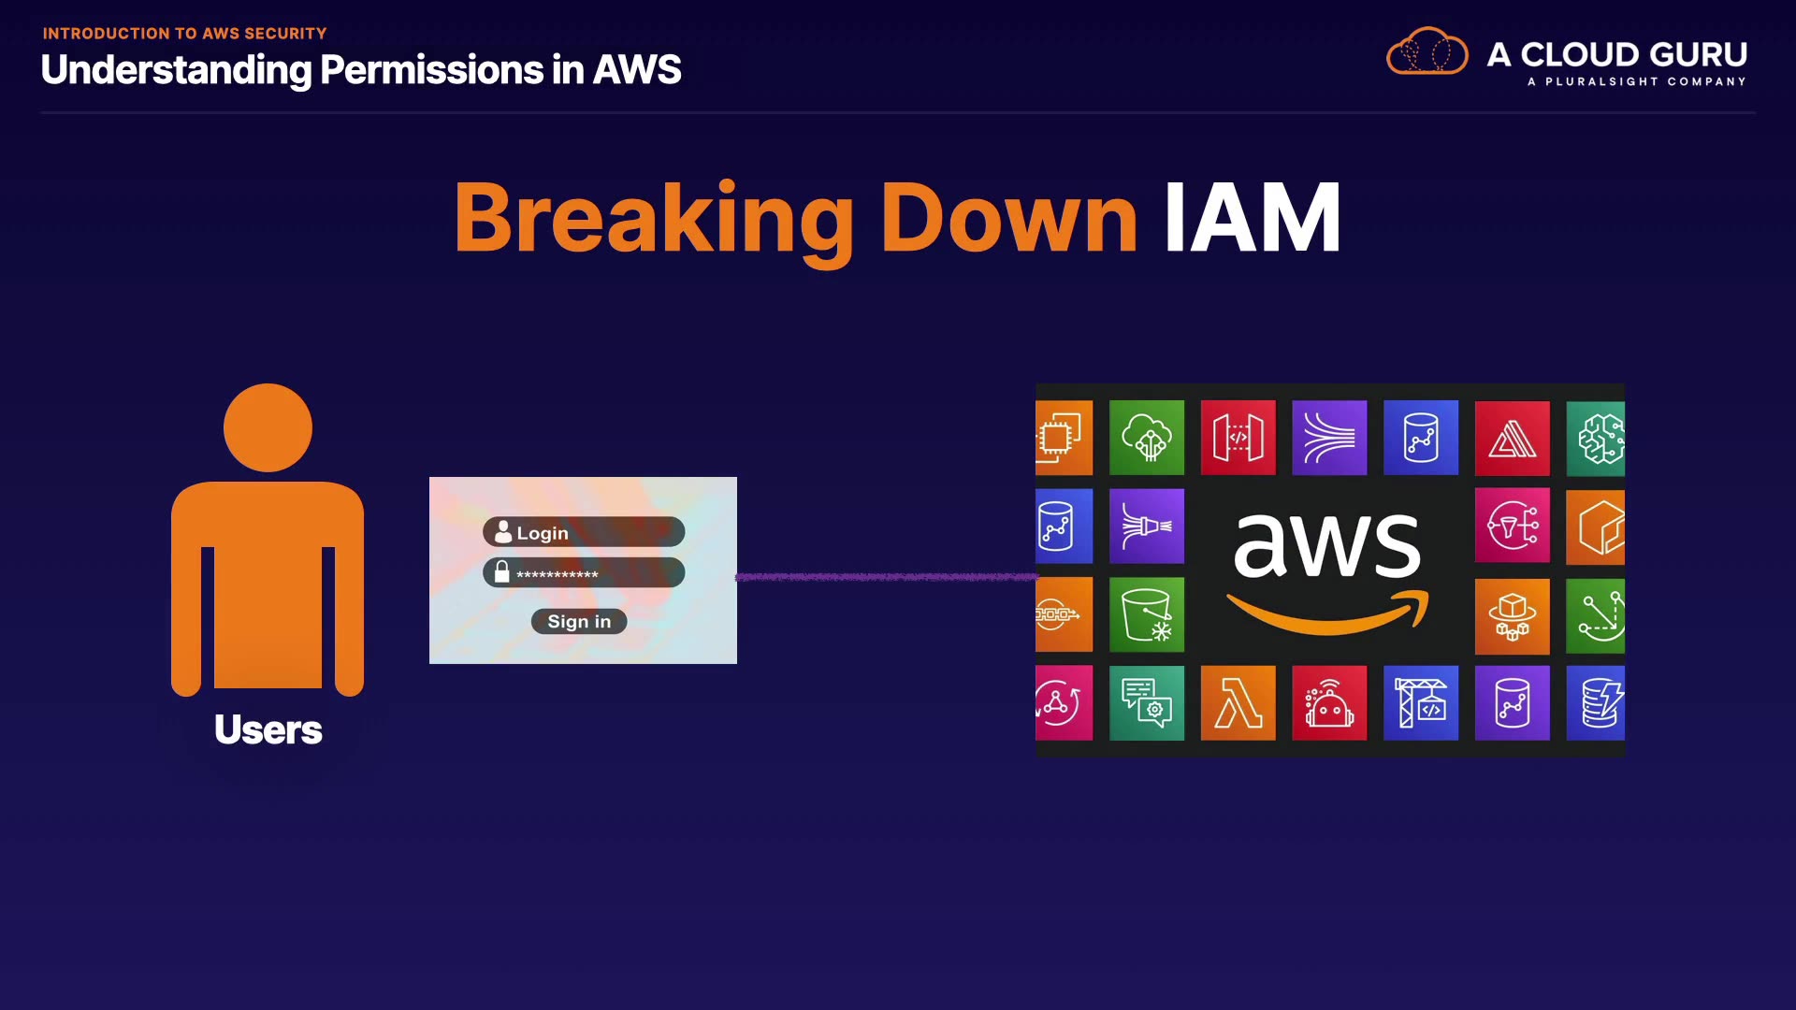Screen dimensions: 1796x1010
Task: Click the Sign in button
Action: [x=579, y=621]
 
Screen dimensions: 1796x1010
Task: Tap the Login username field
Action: [x=584, y=532]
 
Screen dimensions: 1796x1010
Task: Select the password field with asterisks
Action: [x=584, y=573]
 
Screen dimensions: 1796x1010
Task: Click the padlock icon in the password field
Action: [x=502, y=572]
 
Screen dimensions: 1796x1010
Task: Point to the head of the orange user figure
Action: [x=268, y=427]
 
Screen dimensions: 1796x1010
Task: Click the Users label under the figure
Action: [x=268, y=729]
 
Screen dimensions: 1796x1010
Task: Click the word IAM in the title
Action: [x=1252, y=218]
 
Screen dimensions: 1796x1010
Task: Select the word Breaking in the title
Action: [x=653, y=218]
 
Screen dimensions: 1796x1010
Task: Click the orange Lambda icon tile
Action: [x=1238, y=703]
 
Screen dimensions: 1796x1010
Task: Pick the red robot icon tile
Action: [x=1329, y=703]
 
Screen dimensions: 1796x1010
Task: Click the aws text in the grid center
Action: [x=1326, y=544]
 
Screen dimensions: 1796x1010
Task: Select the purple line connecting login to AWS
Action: [x=886, y=577]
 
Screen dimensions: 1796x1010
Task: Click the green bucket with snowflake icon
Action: [x=1147, y=614]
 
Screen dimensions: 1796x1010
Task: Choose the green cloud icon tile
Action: [x=1147, y=438]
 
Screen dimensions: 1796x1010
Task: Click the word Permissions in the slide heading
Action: [x=431, y=70]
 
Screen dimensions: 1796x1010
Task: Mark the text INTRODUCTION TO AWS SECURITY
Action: [x=184, y=34]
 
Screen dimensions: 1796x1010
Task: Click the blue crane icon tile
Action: [x=1421, y=703]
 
